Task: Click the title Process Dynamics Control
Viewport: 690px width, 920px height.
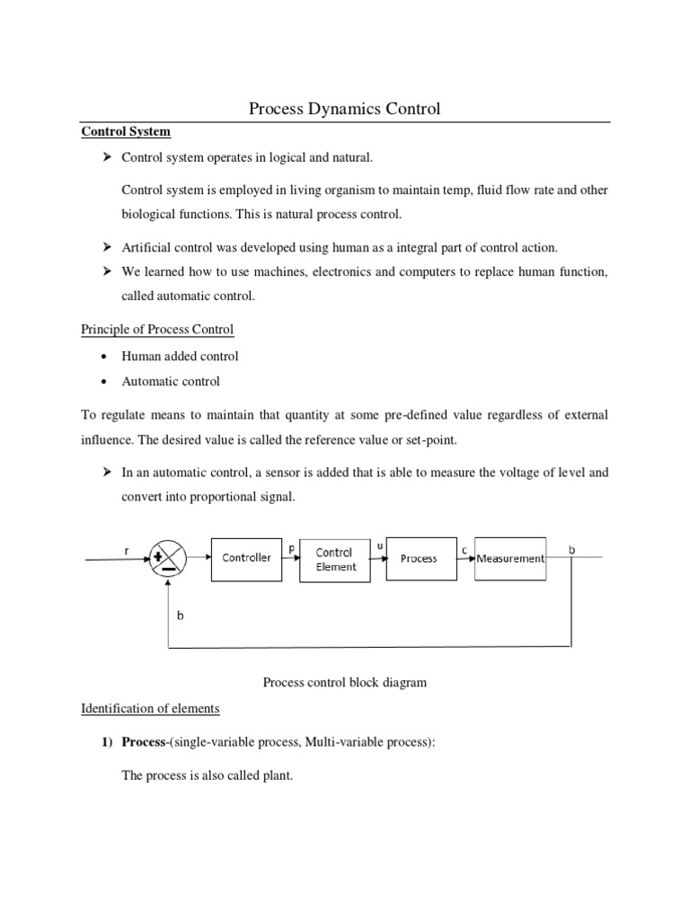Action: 344,110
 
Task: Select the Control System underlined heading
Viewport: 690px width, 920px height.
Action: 126,131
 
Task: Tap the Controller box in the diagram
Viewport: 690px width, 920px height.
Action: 246,558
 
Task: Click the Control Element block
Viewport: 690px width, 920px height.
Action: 334,559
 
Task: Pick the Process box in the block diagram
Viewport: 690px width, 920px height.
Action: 419,558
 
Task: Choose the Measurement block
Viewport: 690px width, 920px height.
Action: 509,558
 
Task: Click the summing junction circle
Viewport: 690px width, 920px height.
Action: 167,559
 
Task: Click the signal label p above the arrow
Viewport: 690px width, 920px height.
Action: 291,544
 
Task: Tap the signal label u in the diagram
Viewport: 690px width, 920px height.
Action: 380,544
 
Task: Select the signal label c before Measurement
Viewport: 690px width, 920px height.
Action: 464,546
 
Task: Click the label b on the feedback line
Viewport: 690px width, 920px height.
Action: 180,617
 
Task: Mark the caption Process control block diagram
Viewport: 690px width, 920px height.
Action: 344,682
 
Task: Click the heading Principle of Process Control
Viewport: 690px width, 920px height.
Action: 157,329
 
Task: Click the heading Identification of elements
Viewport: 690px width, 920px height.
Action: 150,708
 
